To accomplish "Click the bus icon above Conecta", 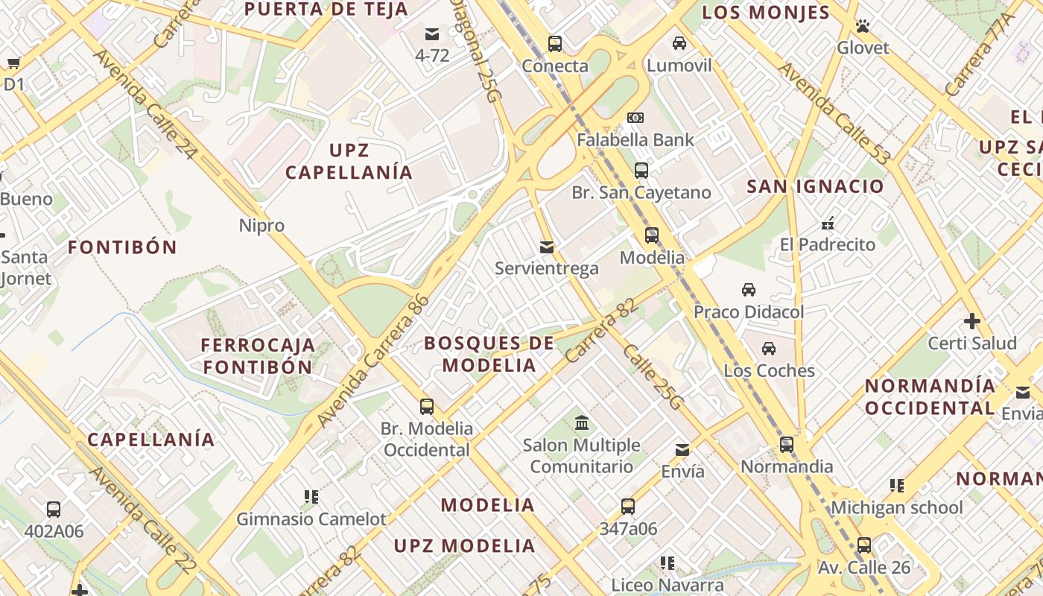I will click(555, 43).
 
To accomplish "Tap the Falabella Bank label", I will click(635, 139).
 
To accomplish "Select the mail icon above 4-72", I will click(432, 34).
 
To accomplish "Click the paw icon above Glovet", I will click(863, 26).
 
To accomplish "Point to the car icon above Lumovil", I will click(679, 43).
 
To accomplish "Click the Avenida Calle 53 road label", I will click(834, 114).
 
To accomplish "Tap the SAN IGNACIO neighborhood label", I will click(815, 186).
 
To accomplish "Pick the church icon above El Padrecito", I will click(827, 223).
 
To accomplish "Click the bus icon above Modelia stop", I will click(652, 235).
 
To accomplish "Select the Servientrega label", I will click(547, 268).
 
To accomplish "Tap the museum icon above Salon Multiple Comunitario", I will click(582, 423).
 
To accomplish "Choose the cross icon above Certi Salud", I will click(971, 321).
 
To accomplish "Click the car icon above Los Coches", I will click(769, 348).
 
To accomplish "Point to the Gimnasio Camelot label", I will click(311, 519).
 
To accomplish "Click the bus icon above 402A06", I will click(54, 510).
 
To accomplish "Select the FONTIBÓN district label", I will click(123, 247).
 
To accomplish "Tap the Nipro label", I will click(261, 225).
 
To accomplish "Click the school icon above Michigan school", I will click(897, 486).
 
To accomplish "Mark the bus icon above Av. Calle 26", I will click(864, 545).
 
